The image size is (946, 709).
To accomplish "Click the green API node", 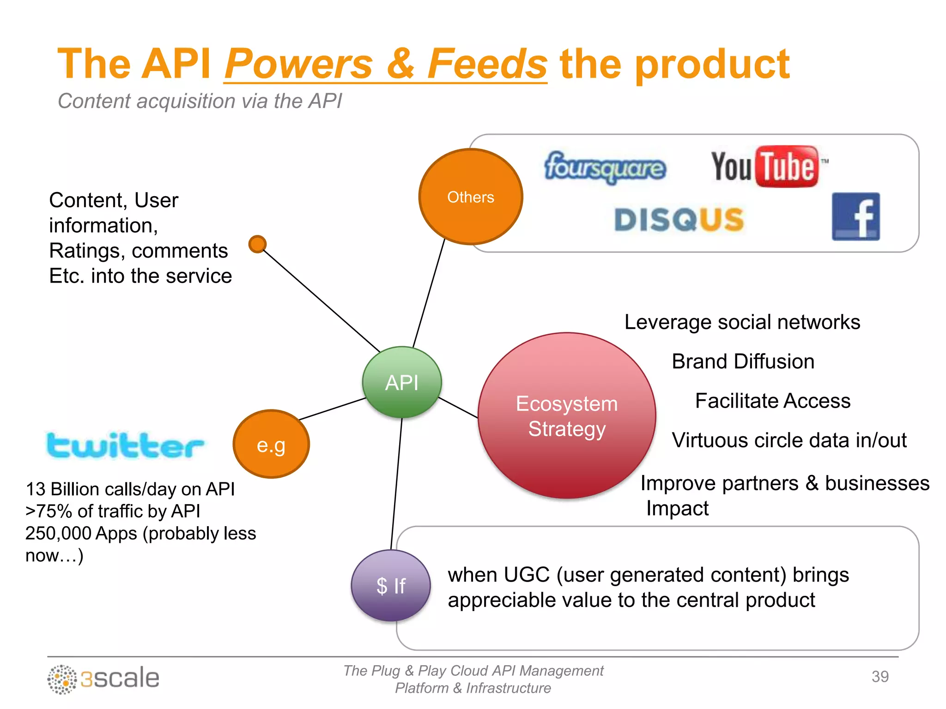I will tap(402, 382).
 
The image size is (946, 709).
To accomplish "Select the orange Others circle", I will tap(470, 197).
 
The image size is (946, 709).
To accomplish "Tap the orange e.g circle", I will tap(271, 444).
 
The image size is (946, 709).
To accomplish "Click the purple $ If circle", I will tap(391, 585).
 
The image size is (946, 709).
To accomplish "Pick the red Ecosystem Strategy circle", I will tap(567, 415).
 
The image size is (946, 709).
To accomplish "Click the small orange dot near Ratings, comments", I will tap(257, 244).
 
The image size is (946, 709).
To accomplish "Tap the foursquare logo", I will tap(605, 167).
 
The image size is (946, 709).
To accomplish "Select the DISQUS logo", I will tap(679, 219).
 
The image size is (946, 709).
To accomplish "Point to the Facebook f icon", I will tap(855, 216).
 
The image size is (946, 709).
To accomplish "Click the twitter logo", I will tap(125, 445).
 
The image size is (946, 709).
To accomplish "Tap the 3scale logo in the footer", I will tap(103, 679).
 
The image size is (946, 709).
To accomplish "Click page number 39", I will tap(880, 677).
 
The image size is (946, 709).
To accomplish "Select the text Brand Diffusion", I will tap(743, 361).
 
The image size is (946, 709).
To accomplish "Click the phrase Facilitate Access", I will tap(772, 401).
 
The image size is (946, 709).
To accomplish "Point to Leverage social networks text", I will tap(742, 322).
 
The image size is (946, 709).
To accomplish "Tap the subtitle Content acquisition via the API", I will tap(200, 101).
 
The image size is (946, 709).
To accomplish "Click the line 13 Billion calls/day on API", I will tap(130, 489).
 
